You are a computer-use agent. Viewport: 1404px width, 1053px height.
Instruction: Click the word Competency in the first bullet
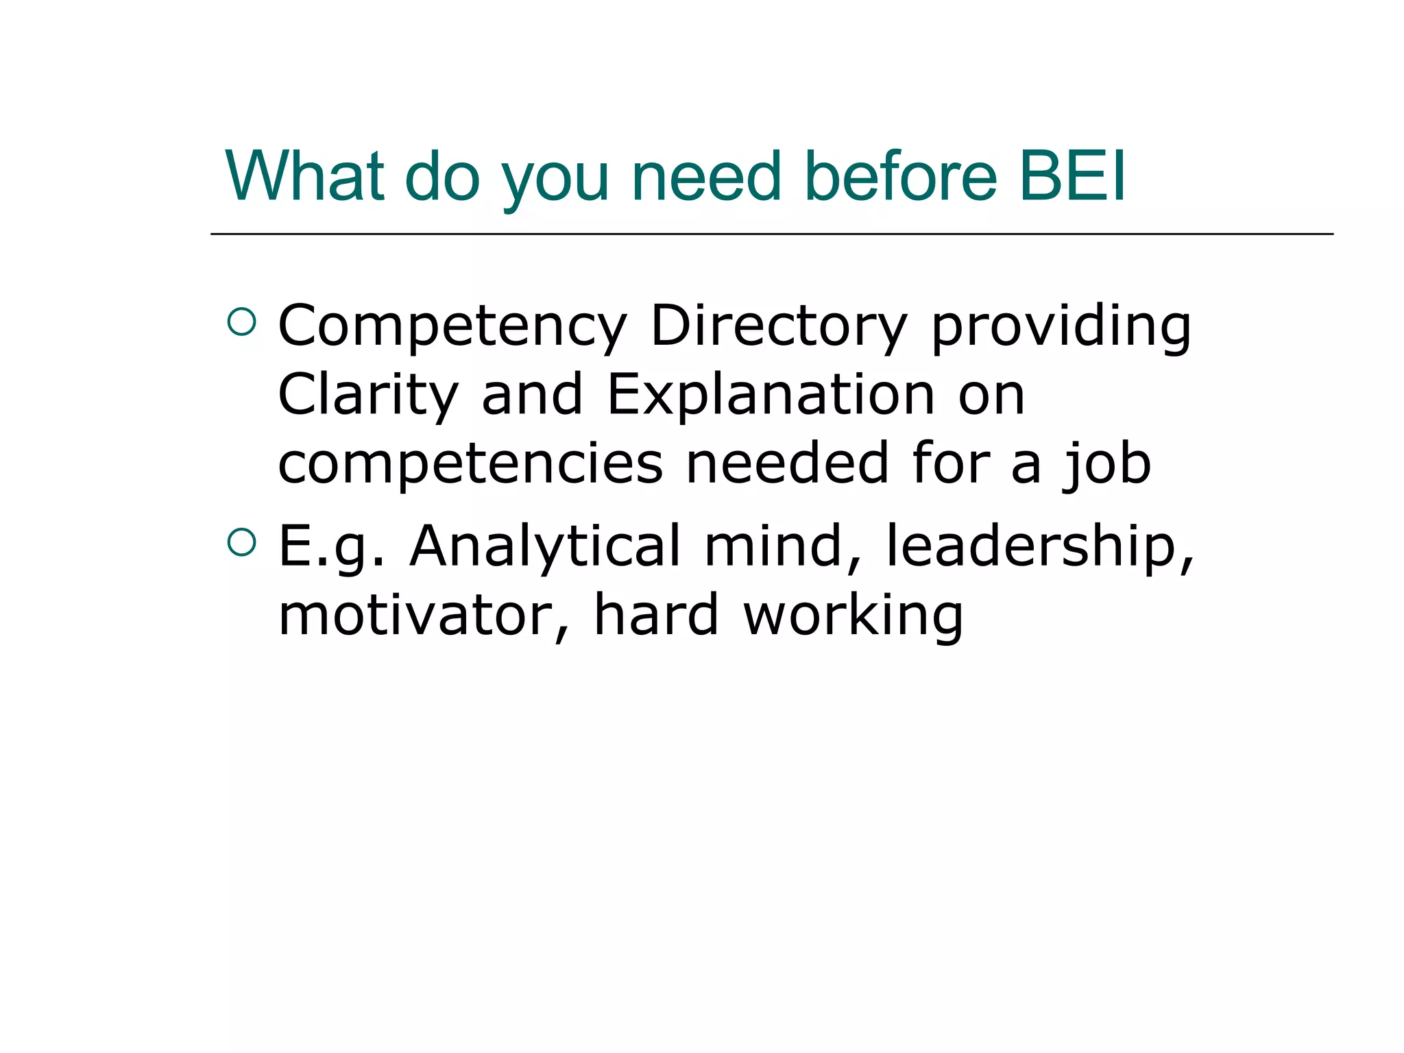point(452,328)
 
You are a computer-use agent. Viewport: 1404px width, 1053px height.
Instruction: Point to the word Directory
point(779,328)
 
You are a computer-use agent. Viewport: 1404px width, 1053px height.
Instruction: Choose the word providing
point(1061,328)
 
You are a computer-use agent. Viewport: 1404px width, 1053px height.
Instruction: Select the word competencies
point(470,465)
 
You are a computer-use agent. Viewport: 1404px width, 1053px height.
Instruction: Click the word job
point(1107,465)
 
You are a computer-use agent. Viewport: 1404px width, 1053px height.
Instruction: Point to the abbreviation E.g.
point(331,547)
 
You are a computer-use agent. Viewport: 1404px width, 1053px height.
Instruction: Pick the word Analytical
point(545,547)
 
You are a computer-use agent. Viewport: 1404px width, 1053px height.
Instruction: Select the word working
point(854,616)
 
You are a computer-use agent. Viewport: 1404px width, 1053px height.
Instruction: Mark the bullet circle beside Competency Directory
point(241,322)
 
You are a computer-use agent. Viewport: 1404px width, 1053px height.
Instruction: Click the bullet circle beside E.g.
point(241,542)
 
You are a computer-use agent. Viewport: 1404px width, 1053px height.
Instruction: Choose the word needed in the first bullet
point(788,463)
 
